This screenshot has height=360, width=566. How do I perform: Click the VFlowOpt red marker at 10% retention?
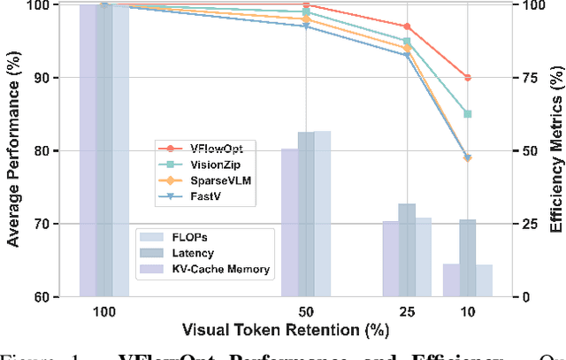(x=468, y=78)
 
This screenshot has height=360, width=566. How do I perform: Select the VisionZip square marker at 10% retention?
(x=468, y=114)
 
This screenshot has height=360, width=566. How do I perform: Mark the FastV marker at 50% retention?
(x=306, y=27)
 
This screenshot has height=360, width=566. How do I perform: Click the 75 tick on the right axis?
(x=524, y=78)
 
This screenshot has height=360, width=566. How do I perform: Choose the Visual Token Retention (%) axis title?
(x=283, y=332)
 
